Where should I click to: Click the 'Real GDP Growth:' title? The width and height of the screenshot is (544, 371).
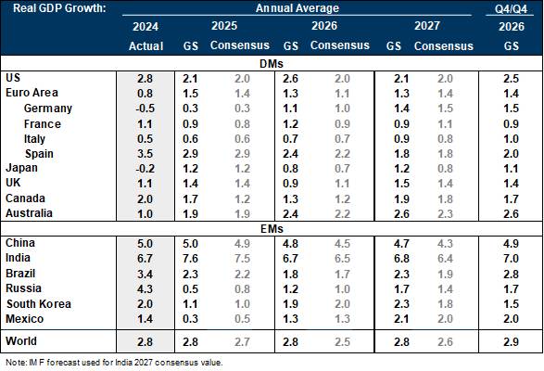point(59,7)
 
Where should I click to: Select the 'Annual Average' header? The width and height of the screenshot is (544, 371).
point(297,8)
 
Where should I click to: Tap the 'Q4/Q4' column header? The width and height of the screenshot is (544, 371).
point(511,9)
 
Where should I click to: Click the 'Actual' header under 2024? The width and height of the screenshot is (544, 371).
point(145,45)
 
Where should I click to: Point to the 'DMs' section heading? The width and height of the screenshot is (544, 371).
point(272,64)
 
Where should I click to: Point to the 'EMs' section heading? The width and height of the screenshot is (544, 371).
point(272,228)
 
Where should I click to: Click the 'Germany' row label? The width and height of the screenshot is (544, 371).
point(48,109)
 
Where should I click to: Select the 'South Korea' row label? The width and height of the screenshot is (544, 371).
point(39,303)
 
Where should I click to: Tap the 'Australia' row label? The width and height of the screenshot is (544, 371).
point(29,213)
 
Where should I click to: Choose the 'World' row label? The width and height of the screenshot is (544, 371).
point(21,340)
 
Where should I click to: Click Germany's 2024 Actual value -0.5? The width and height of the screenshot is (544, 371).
point(145,109)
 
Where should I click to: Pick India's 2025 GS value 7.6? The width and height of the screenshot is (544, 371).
point(190,259)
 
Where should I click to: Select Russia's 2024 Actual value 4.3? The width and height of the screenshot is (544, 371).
point(145,288)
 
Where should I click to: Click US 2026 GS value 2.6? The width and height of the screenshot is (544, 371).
point(290,79)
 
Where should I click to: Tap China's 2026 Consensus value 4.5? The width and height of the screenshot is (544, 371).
point(342,244)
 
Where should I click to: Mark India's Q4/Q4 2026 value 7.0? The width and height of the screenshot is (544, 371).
point(511,259)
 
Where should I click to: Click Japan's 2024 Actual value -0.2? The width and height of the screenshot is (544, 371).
point(145,169)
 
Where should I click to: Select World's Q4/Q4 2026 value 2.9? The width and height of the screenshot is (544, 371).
point(511,342)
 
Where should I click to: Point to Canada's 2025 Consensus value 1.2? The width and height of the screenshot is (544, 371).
point(242,198)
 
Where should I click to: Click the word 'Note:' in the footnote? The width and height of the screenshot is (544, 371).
point(15,363)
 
